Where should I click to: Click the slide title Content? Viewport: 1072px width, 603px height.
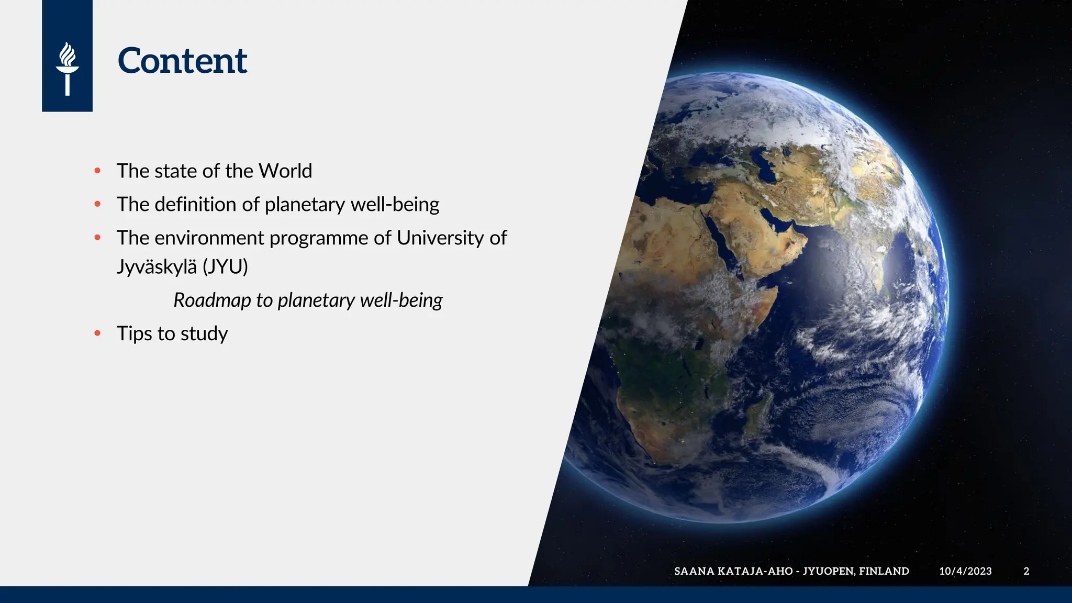(182, 61)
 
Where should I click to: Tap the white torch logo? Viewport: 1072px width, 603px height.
(67, 69)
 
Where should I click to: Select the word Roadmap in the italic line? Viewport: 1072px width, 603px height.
(212, 300)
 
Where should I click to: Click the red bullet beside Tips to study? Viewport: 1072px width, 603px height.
(97, 333)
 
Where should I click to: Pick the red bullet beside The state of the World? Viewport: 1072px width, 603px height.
(97, 171)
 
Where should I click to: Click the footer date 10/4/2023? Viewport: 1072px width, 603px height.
(965, 571)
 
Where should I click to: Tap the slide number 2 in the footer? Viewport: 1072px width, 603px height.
(1026, 571)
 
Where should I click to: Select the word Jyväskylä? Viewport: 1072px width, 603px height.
(157, 267)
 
